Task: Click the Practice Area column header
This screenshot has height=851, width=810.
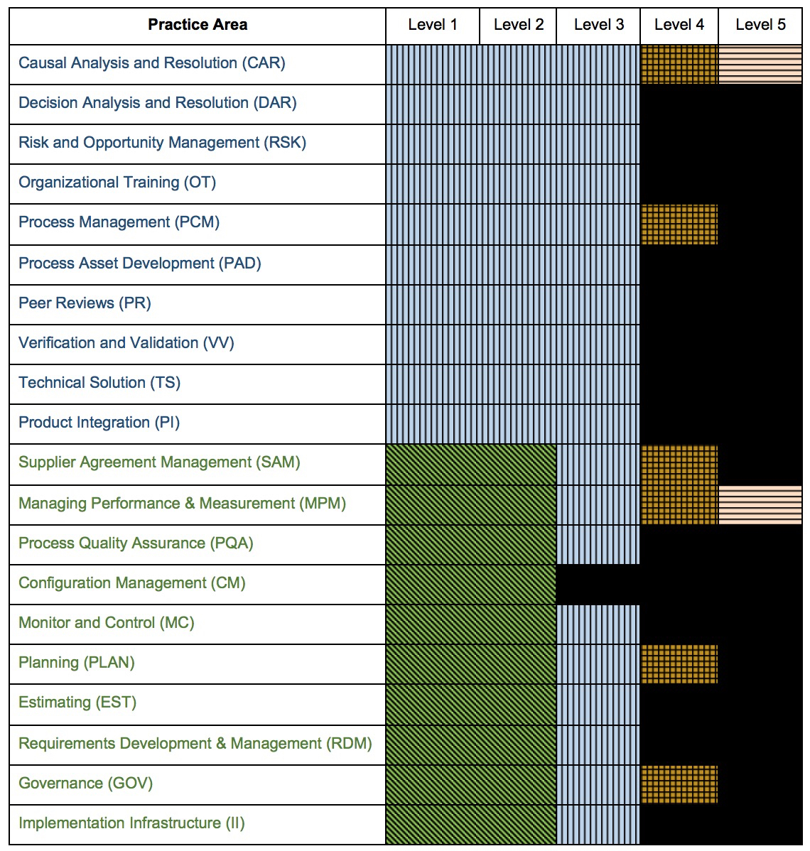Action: pos(198,24)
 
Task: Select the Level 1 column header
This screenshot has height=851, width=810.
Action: pos(433,24)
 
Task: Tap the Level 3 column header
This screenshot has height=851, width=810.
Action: pos(599,24)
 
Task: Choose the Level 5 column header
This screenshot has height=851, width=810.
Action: pos(760,24)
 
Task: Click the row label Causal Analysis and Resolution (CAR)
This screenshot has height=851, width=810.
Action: pos(152,63)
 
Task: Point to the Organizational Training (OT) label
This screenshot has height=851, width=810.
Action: pos(117,183)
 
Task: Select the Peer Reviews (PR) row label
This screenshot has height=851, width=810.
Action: pos(85,303)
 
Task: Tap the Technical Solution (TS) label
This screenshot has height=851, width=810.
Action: pos(99,383)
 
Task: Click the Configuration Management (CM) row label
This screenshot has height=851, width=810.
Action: pos(132,583)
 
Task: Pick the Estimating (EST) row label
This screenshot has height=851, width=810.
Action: pos(77,703)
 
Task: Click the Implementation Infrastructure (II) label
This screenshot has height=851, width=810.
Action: pos(131,823)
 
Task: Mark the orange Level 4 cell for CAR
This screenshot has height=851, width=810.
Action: pos(679,65)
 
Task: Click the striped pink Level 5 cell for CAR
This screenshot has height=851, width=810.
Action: pos(760,65)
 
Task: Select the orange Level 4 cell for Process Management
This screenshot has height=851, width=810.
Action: pos(679,224)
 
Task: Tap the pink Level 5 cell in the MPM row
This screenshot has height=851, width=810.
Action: pos(760,505)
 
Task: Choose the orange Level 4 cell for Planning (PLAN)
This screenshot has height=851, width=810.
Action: pos(679,664)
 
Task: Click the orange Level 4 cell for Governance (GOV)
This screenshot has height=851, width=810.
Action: pos(679,785)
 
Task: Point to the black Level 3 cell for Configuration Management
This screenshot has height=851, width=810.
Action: pos(598,585)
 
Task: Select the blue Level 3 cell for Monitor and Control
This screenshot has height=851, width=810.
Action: pos(598,624)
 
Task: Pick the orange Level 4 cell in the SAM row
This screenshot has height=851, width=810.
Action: pos(679,465)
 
